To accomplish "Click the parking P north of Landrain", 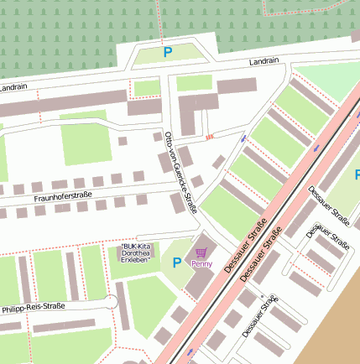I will [x=167, y=53].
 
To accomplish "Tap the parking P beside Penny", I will [x=176, y=263].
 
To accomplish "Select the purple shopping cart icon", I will [x=201, y=252].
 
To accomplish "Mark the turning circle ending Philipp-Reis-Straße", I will [x=110, y=303].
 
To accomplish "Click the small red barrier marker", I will [x=210, y=135].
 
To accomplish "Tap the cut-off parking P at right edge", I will [x=357, y=174].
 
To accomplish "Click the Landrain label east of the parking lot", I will [x=263, y=62].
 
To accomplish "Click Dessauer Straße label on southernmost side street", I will [x=258, y=317].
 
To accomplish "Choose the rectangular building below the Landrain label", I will [x=237, y=86].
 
